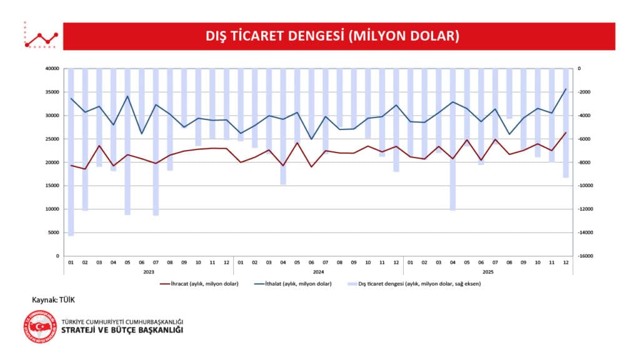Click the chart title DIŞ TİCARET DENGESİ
[x=332, y=36]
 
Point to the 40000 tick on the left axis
[x=52, y=69]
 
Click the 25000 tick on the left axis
[x=52, y=139]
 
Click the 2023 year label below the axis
[x=149, y=272]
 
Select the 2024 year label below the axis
[x=318, y=272]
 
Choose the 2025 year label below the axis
[x=487, y=272]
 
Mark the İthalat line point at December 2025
[x=566, y=89]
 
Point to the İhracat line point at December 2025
[x=566, y=132]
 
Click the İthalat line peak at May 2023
[x=127, y=96]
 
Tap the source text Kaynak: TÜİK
[x=53, y=300]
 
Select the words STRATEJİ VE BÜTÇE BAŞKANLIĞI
[x=122, y=330]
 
